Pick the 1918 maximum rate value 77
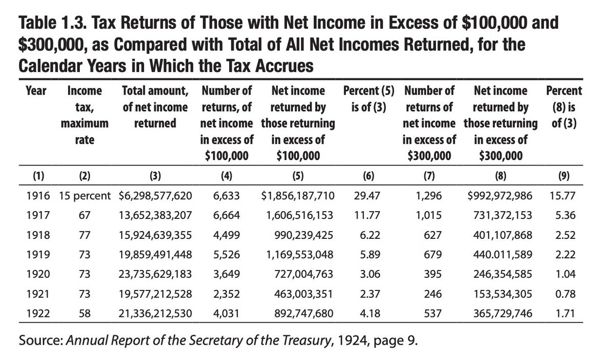84,235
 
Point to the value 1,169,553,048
300,255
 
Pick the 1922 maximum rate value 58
84,313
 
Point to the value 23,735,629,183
155,274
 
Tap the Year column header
36,91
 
